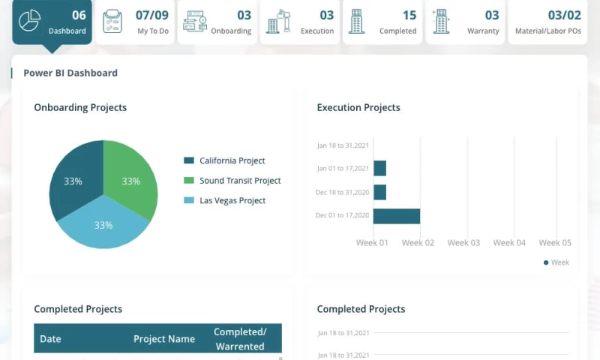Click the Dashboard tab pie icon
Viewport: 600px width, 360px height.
pyautogui.click(x=30, y=21)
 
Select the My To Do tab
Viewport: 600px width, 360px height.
pyautogui.click(x=135, y=22)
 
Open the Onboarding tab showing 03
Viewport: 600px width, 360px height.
pyautogui.click(x=217, y=22)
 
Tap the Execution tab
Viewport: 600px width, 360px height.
pyautogui.click(x=300, y=22)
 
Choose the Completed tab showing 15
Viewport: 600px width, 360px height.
pyautogui.click(x=382, y=22)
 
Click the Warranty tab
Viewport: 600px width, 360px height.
pyautogui.click(x=465, y=22)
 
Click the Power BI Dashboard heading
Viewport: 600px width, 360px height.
pyautogui.click(x=70, y=73)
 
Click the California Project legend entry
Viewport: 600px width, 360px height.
pyautogui.click(x=232, y=160)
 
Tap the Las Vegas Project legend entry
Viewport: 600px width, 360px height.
pyautogui.click(x=232, y=200)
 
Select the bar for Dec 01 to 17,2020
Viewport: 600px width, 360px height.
pyautogui.click(x=397, y=216)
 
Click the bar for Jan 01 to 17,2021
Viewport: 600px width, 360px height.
pyautogui.click(x=379, y=168)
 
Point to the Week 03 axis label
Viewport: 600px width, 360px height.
pyautogui.click(x=463, y=242)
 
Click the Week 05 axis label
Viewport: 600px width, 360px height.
pyautogui.click(x=555, y=242)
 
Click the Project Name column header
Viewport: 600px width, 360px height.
pyautogui.click(x=164, y=339)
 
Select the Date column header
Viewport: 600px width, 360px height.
pyautogui.click(x=50, y=339)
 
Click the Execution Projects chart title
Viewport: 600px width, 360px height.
pyautogui.click(x=358, y=107)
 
